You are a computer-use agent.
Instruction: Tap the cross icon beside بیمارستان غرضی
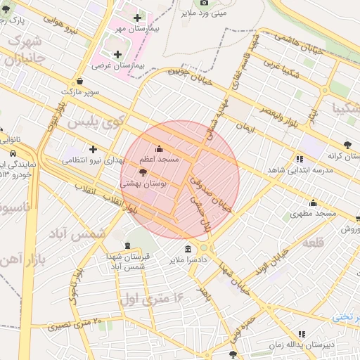[x=117, y=54]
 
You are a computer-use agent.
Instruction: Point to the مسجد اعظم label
[x=158, y=160]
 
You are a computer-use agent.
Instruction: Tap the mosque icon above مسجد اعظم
[x=158, y=149]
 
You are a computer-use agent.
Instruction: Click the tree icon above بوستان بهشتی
[x=143, y=172]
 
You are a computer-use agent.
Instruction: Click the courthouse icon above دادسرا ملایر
[x=188, y=249]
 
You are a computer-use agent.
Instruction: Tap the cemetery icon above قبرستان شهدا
[x=127, y=245]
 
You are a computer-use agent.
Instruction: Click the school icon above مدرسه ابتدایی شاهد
[x=300, y=159]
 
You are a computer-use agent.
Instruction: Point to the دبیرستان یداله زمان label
[x=303, y=345]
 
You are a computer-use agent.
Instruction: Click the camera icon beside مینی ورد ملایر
[x=205, y=3]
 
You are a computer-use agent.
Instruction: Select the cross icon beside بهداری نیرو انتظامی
[x=93, y=149]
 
